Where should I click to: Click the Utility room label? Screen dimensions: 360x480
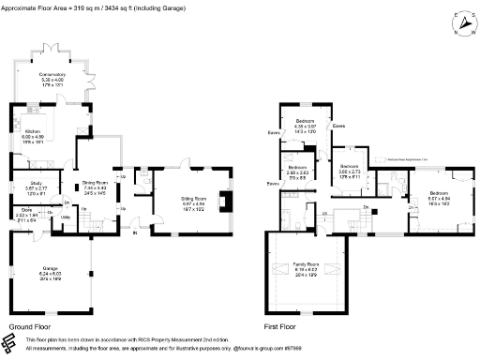[67, 217]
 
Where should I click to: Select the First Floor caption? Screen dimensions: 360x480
[282, 328]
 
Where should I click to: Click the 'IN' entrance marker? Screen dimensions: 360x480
[134, 234]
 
